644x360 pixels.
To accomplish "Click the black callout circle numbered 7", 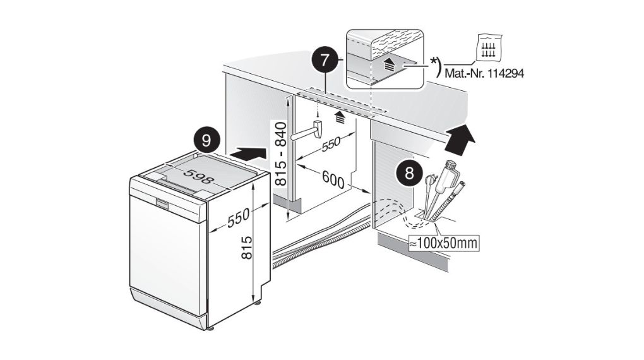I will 325,61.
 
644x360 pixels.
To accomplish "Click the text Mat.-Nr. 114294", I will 484,73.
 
